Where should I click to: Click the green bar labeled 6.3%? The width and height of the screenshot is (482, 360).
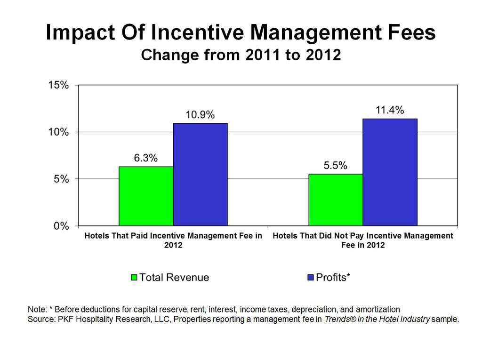point(146,196)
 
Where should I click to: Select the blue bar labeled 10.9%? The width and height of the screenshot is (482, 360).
point(200,175)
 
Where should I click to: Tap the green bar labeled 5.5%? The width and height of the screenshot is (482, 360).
point(336,200)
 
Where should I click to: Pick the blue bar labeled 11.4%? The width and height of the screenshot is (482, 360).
point(390,172)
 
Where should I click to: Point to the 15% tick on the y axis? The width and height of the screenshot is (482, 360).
point(58,86)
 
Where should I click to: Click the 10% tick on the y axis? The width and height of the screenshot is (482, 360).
point(58,132)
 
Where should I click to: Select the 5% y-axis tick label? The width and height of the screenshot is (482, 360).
point(61,179)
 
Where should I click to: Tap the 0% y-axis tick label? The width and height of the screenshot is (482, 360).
point(61,226)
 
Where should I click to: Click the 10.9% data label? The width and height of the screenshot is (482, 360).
point(200,115)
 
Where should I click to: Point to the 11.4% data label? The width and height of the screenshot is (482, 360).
point(390,110)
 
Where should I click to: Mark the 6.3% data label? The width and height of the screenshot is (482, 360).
point(146,158)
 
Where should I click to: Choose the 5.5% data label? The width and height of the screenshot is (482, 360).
point(336,166)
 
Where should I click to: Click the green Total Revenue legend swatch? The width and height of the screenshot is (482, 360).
point(134,278)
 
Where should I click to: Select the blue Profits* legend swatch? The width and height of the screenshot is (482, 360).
point(310,278)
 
